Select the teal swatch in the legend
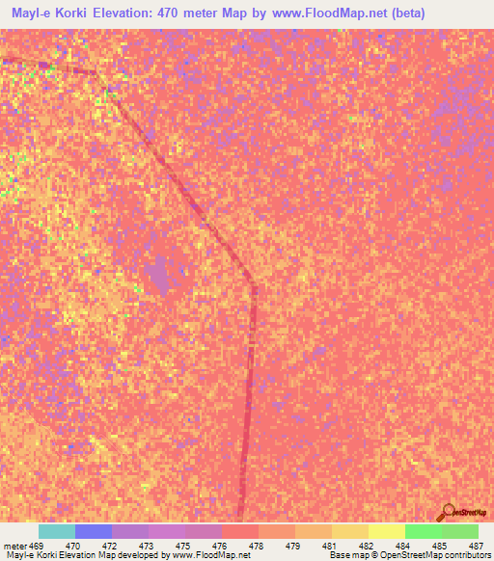[x=57, y=531]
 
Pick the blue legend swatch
[x=94, y=531]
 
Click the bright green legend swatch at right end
[x=459, y=531]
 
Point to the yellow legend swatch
[x=387, y=531]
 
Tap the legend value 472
[x=107, y=545]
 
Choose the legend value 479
[x=290, y=545]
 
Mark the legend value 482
[x=365, y=545]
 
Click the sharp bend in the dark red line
[x=253, y=279]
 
